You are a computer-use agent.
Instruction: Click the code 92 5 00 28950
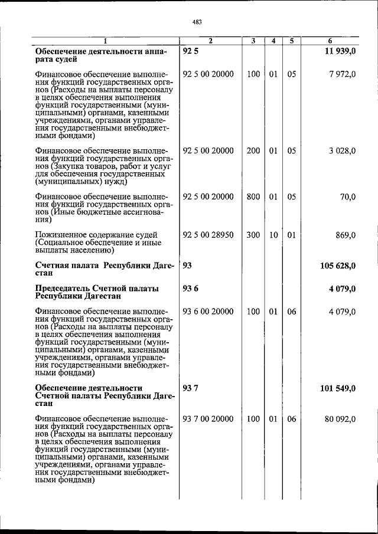(208, 235)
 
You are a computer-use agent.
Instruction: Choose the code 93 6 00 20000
(208, 312)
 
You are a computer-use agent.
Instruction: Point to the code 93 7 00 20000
(208, 419)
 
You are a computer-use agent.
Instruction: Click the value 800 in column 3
(253, 197)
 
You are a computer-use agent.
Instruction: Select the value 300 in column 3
(253, 235)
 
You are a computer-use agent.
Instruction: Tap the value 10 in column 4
(273, 235)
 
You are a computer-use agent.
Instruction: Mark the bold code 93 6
(190, 289)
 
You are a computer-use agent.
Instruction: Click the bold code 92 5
(190, 51)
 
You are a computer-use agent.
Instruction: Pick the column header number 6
(330, 41)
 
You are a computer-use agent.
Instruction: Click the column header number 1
(106, 41)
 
